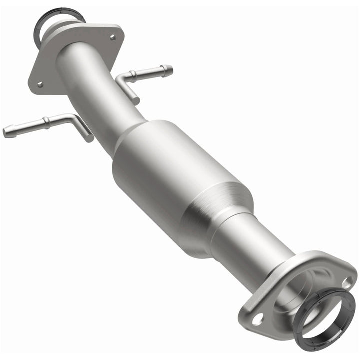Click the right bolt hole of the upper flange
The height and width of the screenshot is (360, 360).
113,36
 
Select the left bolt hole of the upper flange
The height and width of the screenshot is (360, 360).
40,84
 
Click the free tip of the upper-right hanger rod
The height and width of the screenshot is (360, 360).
170,69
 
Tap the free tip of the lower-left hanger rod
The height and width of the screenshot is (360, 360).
6,133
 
